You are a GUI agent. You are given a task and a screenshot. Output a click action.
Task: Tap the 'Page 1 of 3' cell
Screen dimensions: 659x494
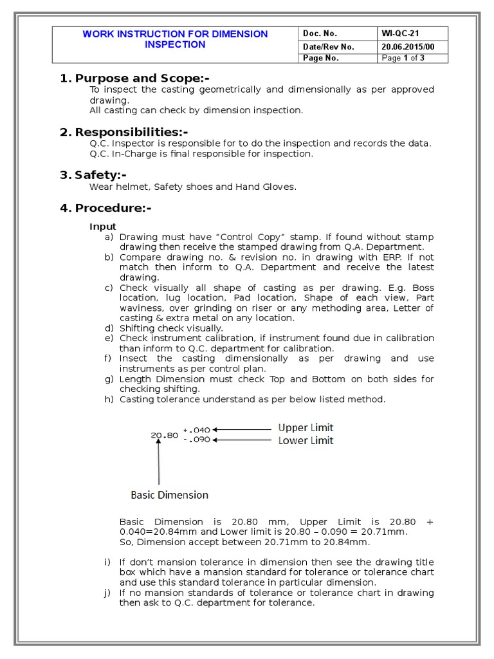(x=403, y=58)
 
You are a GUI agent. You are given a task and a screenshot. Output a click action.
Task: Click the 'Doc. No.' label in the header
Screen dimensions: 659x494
(x=319, y=33)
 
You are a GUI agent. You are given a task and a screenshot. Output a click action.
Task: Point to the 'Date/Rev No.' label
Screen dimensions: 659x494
(x=328, y=46)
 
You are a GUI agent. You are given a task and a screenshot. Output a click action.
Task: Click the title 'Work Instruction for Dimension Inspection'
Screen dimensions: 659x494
(x=175, y=39)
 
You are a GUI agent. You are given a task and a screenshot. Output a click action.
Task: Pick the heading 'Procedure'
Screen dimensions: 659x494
(x=113, y=208)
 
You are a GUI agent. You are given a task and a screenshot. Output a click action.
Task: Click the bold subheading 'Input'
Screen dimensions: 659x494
(x=103, y=227)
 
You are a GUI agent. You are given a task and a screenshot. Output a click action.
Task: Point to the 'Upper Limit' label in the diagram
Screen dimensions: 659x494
(x=306, y=428)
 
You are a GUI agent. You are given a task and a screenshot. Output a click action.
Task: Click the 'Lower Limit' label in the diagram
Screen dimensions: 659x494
(x=306, y=441)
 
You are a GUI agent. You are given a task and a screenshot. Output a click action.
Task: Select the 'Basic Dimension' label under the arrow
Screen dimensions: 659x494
(x=170, y=495)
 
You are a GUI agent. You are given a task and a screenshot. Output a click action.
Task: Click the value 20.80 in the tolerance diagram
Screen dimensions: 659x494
(x=164, y=435)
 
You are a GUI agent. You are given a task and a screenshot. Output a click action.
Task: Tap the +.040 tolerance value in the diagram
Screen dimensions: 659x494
(x=196, y=429)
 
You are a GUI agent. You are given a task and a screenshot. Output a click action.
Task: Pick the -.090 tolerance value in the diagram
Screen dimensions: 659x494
(x=196, y=440)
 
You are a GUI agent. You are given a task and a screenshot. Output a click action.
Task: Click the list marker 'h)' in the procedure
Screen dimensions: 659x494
(x=109, y=400)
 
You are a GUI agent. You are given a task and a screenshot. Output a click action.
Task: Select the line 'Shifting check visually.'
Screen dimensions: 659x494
(x=171, y=328)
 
